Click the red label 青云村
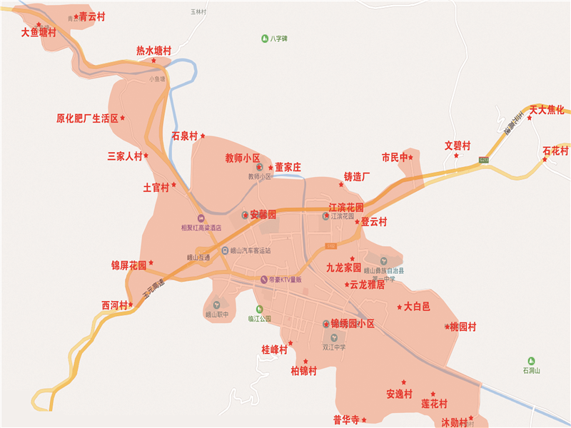coord(92,16)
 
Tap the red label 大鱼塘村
coord(39,32)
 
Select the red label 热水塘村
coord(153,51)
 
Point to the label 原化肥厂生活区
coord(87,118)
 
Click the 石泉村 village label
coord(184,136)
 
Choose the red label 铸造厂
coord(357,176)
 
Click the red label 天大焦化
coord(547,109)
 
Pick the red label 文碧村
coord(458,146)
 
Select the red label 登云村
coord(373,222)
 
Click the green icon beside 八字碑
coord(264,38)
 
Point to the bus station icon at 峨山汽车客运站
coord(225,251)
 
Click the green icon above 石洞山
coord(531,361)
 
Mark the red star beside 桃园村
coord(447,327)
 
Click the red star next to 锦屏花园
coord(151,263)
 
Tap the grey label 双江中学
coord(334,348)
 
